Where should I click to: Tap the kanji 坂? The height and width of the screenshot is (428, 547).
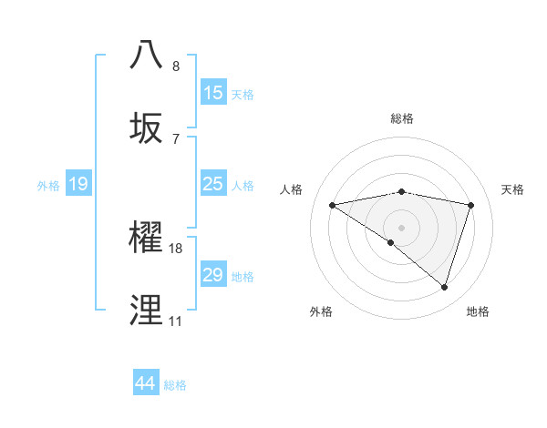147,127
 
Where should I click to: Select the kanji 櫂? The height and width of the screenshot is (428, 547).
147,237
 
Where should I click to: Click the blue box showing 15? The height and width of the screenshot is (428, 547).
213,93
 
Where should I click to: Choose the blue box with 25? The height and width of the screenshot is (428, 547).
213,184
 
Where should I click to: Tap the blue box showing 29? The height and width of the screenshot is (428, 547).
213,275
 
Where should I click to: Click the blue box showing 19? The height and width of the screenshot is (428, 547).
78,184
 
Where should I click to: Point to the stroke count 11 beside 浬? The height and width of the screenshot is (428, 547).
175,321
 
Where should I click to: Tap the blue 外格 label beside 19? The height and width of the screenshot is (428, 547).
48,185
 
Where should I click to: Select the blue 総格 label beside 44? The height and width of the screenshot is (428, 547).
175,384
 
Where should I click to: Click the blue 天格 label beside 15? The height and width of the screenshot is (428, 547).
243,94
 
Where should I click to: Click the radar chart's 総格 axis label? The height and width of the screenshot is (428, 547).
402,118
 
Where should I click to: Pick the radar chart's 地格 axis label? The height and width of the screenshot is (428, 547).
478,311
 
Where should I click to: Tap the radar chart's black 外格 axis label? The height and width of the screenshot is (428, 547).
321,311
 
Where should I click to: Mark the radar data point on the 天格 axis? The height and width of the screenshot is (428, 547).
471,205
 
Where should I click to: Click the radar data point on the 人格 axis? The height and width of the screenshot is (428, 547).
332,205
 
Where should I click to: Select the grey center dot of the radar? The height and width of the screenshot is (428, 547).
401,227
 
